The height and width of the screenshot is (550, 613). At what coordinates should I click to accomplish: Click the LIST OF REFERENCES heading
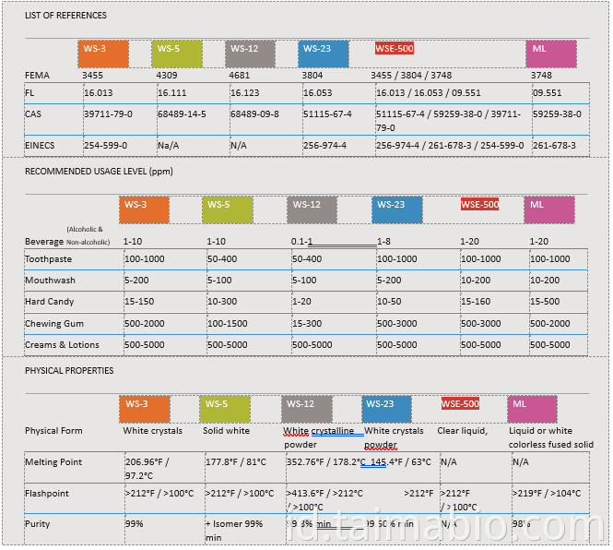65,16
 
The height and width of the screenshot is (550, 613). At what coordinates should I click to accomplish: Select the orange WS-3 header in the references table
102,54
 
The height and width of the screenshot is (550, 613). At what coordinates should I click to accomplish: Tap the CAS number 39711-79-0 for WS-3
108,114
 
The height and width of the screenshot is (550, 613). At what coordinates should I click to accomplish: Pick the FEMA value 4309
167,75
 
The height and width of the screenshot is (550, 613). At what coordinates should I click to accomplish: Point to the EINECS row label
40,146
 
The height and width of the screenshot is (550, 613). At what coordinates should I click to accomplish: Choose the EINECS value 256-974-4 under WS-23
325,146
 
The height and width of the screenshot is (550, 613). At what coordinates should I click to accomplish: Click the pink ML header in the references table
551,54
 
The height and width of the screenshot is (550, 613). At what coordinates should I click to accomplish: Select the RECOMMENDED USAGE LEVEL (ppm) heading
99,172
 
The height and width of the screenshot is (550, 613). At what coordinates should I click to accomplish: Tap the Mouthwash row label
51,281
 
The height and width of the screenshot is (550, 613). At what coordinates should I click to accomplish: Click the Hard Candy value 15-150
139,302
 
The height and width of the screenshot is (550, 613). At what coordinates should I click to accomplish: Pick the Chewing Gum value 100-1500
227,324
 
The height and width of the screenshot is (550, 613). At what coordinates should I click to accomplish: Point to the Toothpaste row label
49,259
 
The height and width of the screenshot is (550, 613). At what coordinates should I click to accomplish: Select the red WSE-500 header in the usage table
479,205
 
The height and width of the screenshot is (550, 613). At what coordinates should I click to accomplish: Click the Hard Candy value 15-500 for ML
545,302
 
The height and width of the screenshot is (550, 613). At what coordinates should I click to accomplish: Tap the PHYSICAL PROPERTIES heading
69,371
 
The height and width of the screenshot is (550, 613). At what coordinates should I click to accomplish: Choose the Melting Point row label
53,461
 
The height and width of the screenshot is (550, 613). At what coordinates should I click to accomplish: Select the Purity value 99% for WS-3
135,524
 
